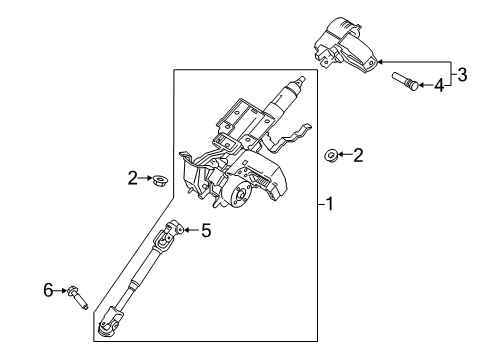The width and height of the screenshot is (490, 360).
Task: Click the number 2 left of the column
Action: [131, 178]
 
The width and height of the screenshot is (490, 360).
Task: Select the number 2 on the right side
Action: [357, 155]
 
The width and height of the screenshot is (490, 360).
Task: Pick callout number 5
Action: [206, 230]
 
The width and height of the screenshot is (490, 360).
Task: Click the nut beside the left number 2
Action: [157, 180]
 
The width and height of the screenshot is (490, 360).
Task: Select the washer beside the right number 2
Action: [329, 155]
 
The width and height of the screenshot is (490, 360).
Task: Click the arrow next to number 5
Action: [191, 230]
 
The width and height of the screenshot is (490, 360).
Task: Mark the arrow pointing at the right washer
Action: [343, 155]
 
